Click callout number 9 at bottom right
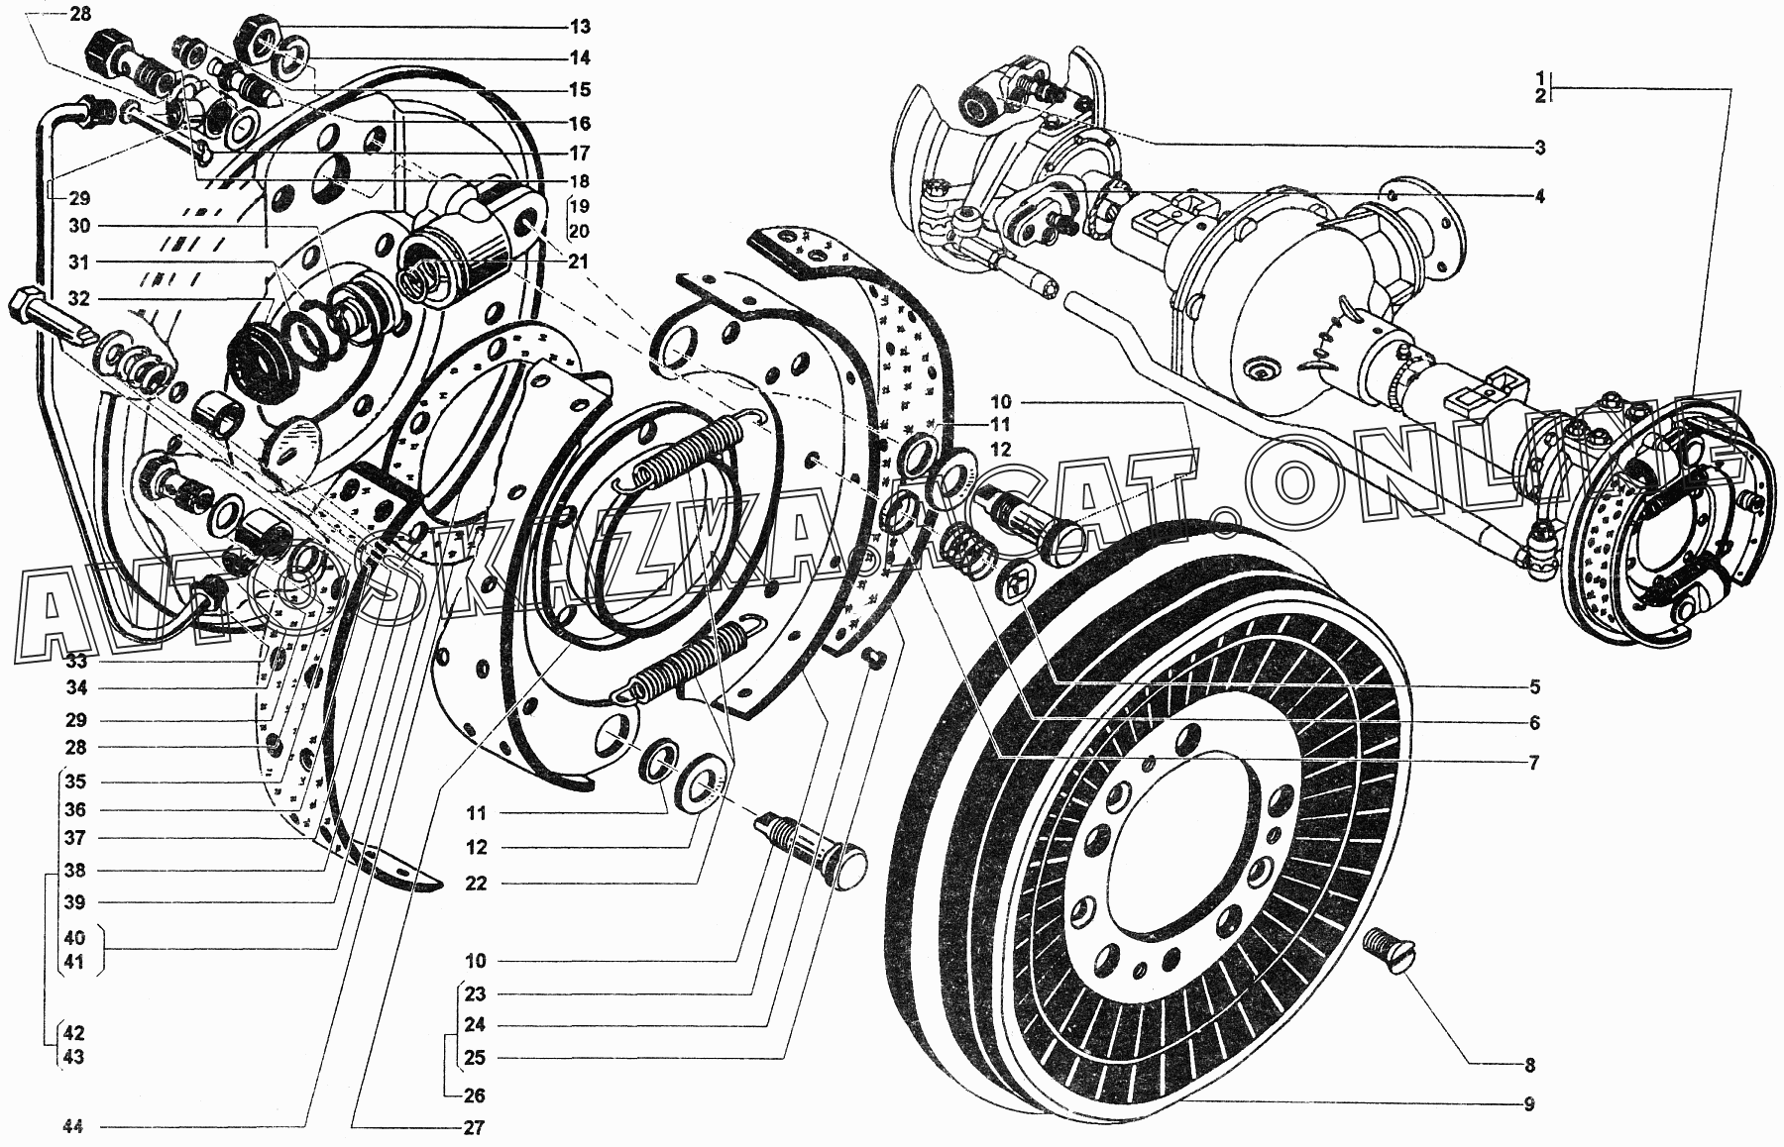click(x=1530, y=1103)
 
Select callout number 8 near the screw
click(x=1530, y=1066)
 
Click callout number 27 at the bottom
click(x=473, y=1127)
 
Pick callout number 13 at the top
click(x=579, y=26)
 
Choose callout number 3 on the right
click(x=1540, y=149)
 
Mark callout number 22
click(x=476, y=884)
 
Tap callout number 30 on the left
click(x=79, y=226)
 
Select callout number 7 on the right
click(x=1532, y=763)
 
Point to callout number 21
click(x=579, y=262)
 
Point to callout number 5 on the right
click(x=1533, y=686)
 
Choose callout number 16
click(x=579, y=123)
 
